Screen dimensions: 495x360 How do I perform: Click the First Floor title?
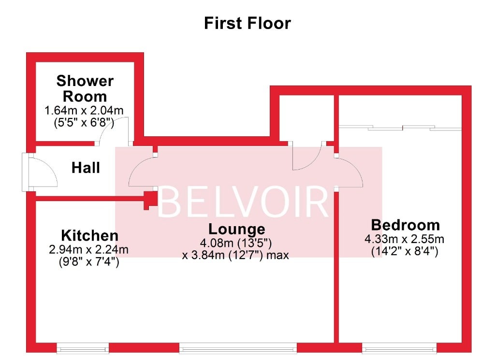[x=247, y=23]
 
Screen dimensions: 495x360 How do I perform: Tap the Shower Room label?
[x=85, y=88]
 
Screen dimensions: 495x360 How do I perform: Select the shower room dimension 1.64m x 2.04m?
[x=84, y=111]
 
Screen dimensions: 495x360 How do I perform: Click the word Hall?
[x=86, y=168]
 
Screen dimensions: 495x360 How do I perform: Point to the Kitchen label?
[x=89, y=236]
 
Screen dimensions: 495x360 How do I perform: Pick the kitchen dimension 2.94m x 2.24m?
[x=89, y=249]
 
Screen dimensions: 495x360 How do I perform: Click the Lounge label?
[x=237, y=230]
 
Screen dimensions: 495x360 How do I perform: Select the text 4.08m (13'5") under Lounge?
[x=236, y=243]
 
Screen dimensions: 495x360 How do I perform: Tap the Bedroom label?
[x=406, y=225]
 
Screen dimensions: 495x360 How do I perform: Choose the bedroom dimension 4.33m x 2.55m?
[x=405, y=239]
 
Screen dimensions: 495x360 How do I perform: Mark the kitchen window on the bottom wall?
[x=83, y=348]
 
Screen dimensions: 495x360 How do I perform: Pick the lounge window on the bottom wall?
[x=238, y=348]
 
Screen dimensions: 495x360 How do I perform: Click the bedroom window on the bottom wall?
[x=399, y=348]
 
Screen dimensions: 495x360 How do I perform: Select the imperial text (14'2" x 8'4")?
[x=405, y=252]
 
